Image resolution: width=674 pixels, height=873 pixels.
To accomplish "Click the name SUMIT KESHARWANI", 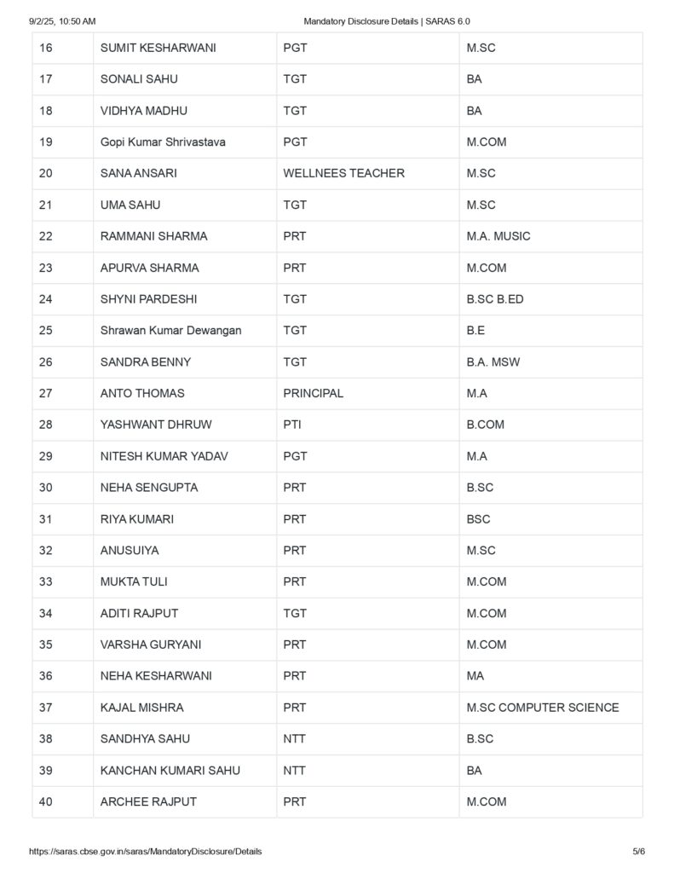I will click(158, 48).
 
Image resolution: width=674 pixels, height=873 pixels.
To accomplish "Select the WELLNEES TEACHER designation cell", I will click(343, 173).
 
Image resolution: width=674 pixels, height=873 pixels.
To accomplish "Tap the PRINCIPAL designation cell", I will click(313, 393).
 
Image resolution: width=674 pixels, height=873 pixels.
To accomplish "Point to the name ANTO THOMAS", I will click(142, 393).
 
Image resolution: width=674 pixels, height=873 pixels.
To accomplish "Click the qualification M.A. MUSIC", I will click(498, 236).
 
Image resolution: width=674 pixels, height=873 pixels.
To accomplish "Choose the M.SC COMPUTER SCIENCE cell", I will click(542, 708).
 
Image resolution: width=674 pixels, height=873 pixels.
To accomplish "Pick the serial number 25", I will click(46, 330).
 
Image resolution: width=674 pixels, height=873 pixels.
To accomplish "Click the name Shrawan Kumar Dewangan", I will click(170, 330).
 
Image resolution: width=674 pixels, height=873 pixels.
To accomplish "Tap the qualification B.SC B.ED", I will click(494, 299).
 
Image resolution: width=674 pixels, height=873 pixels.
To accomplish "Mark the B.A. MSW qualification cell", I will click(493, 361).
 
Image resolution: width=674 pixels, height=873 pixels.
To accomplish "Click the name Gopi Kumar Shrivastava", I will click(163, 142).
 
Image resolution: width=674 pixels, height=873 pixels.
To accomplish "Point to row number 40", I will click(46, 801).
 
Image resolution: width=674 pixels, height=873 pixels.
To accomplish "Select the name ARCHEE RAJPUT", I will click(148, 801).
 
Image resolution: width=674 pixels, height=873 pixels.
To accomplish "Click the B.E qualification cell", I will click(475, 330).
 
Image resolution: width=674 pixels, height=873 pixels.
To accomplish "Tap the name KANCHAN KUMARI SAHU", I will click(170, 770).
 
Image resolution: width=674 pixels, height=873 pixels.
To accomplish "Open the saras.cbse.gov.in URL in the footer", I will click(145, 852).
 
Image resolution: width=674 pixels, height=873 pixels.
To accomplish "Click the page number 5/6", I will click(638, 852).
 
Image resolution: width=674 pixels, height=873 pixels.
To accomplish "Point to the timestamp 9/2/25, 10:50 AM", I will click(61, 20).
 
